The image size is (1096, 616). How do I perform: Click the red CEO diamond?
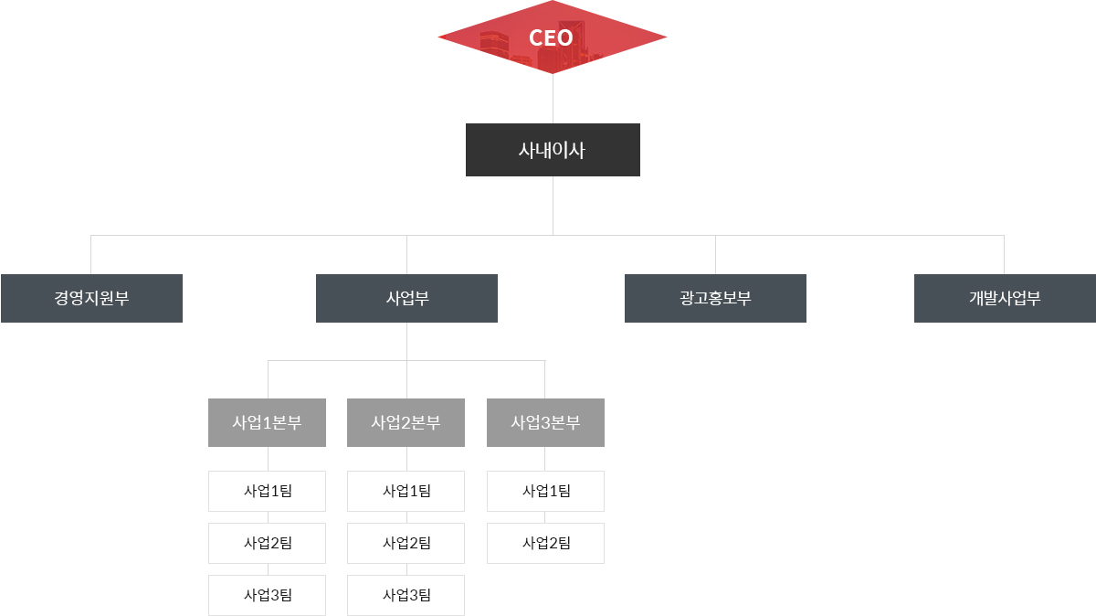552,37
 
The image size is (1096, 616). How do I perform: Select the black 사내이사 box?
553,150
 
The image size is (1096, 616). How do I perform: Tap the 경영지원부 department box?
91,298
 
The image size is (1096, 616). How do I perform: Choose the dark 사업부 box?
406,298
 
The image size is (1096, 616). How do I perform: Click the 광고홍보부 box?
715,298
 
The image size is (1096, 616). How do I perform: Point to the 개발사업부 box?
1005,298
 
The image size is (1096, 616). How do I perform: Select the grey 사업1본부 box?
267,422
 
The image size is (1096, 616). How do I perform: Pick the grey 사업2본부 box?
406,422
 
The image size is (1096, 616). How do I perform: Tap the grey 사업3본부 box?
545,422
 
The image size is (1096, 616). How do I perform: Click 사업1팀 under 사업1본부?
267,491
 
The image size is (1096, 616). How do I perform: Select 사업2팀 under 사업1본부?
267,543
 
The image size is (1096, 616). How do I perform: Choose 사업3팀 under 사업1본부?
267,595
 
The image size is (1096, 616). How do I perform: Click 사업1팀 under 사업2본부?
406,491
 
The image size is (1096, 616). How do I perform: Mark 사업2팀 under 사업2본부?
406,543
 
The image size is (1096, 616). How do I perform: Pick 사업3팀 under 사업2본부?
406,595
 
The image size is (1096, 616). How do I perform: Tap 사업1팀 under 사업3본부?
545,491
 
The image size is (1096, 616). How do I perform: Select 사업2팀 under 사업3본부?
545,543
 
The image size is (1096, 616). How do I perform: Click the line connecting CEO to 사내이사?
553,99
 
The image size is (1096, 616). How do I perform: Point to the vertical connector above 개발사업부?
1004,254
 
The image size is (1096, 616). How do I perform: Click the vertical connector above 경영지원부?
90,254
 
